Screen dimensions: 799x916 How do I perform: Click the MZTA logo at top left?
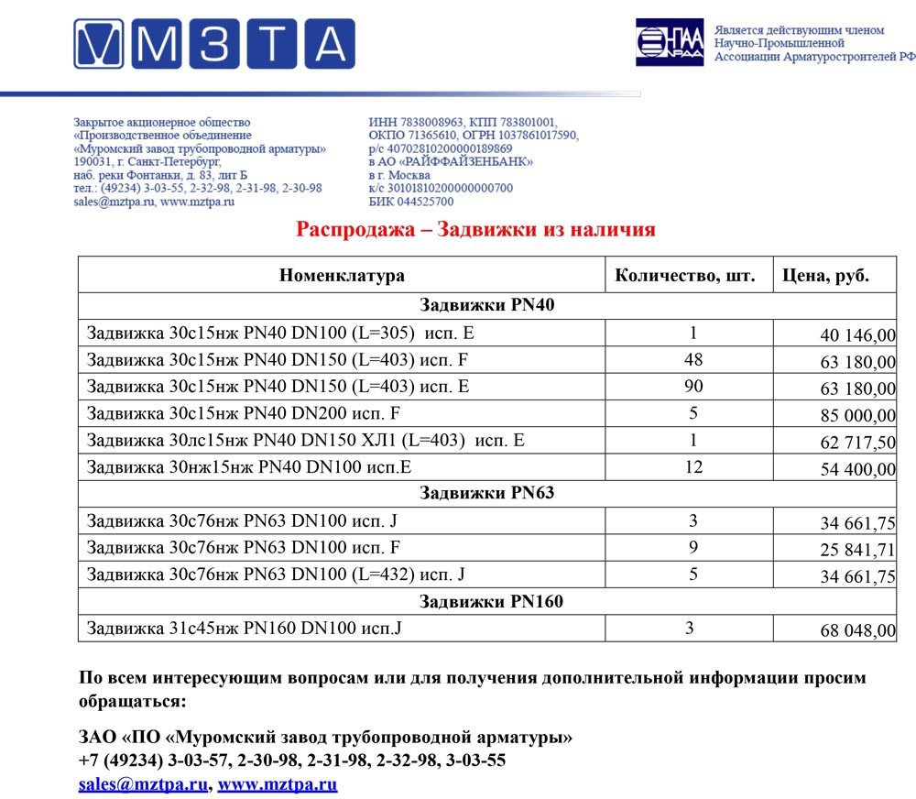(214, 44)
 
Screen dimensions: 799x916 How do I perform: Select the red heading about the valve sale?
(475, 229)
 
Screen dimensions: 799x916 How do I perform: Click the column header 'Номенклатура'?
(342, 275)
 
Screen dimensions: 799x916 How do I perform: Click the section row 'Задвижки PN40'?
(486, 305)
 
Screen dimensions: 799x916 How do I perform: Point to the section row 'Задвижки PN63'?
(486, 493)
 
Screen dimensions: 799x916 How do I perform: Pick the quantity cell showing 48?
(693, 360)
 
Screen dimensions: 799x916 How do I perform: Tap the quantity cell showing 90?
(693, 387)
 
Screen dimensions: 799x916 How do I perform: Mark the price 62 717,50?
(857, 443)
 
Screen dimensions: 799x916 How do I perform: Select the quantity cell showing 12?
(693, 467)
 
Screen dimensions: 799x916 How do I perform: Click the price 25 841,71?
(857, 550)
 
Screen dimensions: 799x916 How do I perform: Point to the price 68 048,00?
(857, 631)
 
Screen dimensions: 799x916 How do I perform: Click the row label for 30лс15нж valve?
(305, 441)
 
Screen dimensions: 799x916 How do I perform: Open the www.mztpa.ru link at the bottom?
(278, 784)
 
